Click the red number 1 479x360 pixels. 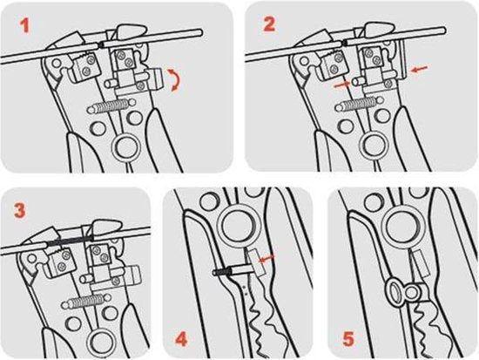[24, 25]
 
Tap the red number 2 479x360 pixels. [269, 24]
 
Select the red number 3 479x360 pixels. [20, 211]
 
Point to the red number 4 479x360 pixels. [181, 339]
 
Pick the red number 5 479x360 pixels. [349, 339]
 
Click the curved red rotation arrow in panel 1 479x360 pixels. [175, 80]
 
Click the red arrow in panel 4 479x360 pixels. [267, 259]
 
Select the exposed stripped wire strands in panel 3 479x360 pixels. [69, 241]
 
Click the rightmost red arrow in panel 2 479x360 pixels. [420, 69]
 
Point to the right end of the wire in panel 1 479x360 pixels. [200, 32]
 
